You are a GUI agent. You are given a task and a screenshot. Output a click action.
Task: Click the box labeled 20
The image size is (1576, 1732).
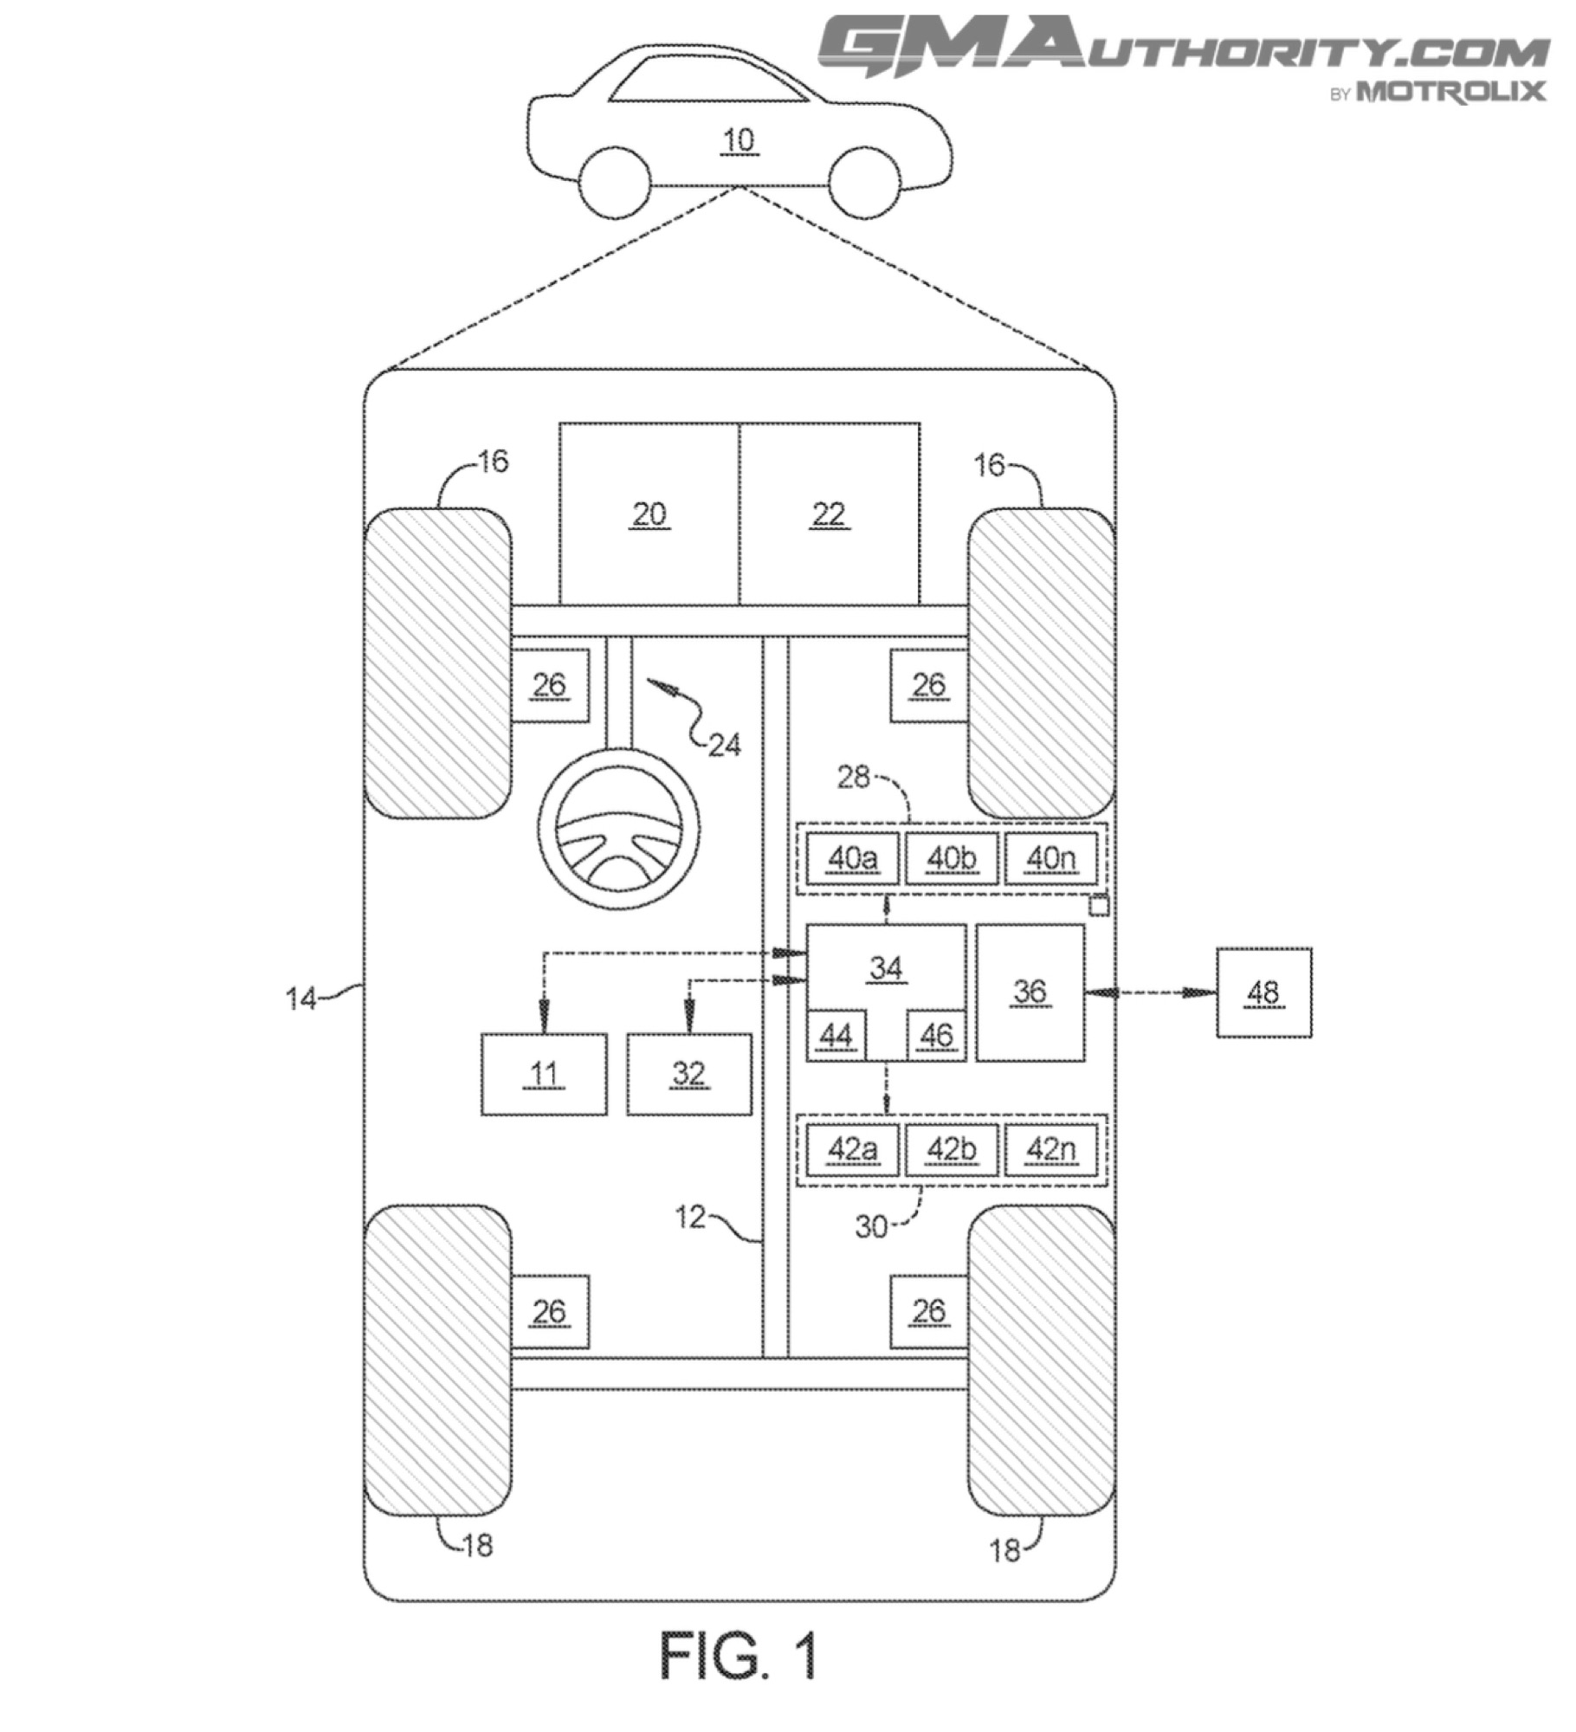649,514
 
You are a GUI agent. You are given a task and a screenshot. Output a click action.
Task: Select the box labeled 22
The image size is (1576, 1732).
830,514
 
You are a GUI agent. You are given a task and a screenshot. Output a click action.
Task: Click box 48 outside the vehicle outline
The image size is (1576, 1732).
1264,992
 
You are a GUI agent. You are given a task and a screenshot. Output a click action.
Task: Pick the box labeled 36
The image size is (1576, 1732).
1030,992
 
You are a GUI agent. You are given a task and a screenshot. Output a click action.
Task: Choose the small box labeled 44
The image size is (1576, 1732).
836,1036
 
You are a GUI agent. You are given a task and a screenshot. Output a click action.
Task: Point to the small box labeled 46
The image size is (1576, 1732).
936,1036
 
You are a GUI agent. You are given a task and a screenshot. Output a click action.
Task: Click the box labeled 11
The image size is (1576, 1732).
544,1074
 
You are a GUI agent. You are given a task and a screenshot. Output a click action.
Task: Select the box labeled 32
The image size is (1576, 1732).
689,1074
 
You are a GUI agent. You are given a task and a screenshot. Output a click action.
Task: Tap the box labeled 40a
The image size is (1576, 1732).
853,858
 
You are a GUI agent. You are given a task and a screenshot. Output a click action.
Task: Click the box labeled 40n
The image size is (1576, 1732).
1051,858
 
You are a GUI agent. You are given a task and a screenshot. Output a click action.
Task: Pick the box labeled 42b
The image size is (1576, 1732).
952,1149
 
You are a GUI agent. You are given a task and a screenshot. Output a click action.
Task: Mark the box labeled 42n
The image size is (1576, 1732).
1051,1149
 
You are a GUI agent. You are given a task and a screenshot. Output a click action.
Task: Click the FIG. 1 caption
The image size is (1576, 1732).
739,1655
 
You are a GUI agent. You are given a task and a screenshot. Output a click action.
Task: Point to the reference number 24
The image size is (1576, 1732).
725,744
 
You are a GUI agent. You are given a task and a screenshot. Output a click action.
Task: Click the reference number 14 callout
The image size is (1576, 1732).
300,998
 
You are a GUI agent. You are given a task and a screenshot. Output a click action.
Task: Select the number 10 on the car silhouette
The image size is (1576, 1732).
739,139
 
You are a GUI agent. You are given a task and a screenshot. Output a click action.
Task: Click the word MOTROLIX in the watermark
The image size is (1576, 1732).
1450,91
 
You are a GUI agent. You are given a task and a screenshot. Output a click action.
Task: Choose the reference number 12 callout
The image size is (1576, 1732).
690,1217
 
